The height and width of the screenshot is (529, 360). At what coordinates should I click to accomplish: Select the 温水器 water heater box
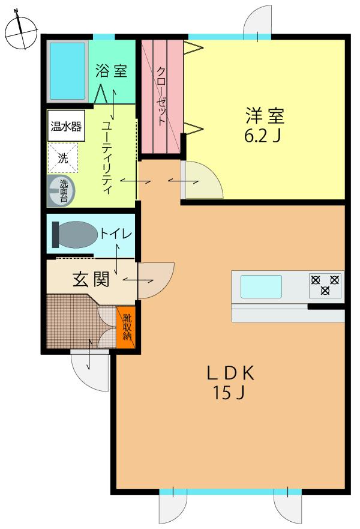click(66, 127)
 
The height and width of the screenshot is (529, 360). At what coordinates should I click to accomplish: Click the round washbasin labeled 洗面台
click(61, 191)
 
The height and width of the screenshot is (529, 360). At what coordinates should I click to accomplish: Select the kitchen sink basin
click(261, 286)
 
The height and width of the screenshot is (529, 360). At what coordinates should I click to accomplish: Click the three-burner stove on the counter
click(325, 285)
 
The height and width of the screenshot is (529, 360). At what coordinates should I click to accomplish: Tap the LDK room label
click(230, 373)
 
